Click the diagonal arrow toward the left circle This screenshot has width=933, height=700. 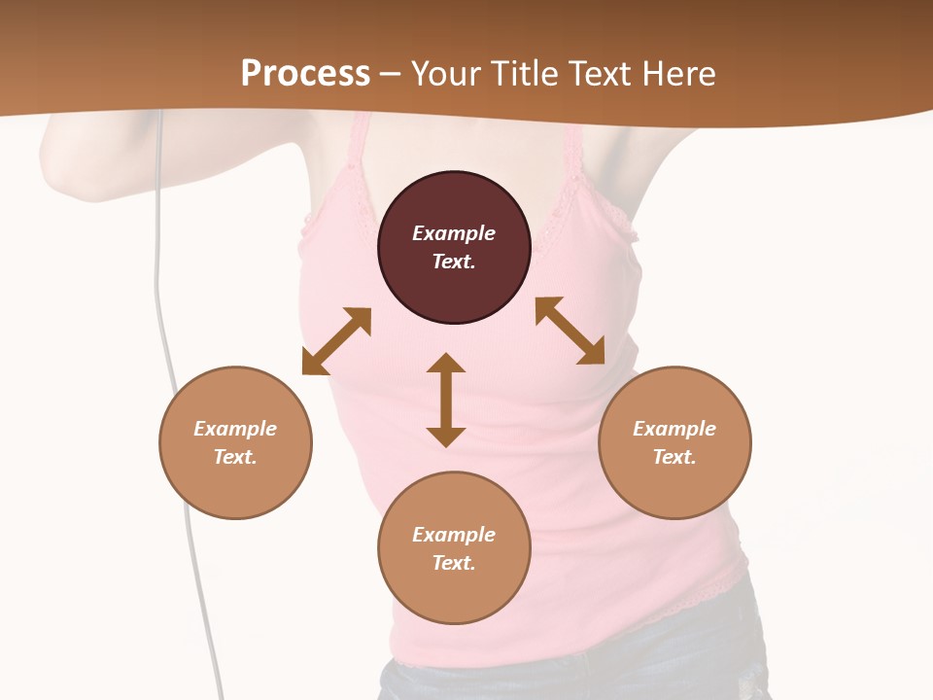[336, 341]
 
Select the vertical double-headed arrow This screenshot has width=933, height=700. [446, 400]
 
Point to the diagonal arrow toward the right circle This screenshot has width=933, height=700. [570, 331]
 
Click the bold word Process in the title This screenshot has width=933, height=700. [305, 73]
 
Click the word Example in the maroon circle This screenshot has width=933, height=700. [454, 233]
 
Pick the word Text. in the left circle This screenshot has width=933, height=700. [235, 457]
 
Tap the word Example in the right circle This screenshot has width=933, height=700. [674, 429]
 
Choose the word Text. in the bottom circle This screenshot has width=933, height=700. [454, 563]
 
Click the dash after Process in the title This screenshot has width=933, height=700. [391, 74]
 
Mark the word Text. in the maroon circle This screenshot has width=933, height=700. [454, 262]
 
